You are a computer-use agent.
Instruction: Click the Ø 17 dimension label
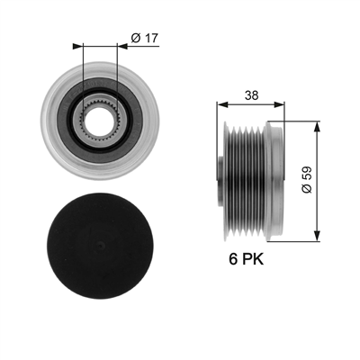click(145, 38)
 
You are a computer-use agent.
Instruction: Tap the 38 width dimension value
click(251, 95)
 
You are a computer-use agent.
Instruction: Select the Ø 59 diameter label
click(307, 180)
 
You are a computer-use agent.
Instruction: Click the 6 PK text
click(247, 259)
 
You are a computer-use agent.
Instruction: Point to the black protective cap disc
click(100, 246)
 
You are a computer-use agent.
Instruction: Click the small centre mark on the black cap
click(101, 246)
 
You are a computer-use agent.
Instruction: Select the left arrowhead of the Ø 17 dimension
click(77, 46)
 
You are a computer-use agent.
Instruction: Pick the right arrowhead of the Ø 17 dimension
click(122, 46)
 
